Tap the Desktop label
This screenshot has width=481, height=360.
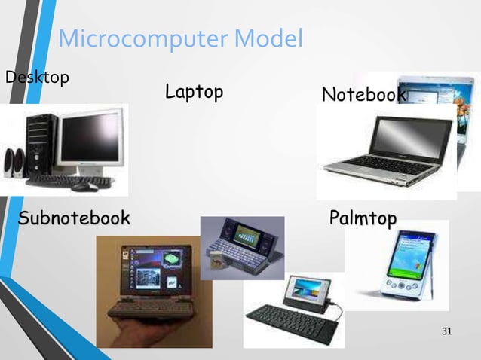37,77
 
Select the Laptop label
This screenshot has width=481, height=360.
194,93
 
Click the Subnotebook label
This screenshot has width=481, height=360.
74,219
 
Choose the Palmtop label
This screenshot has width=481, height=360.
363,219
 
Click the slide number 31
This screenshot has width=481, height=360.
448,332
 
